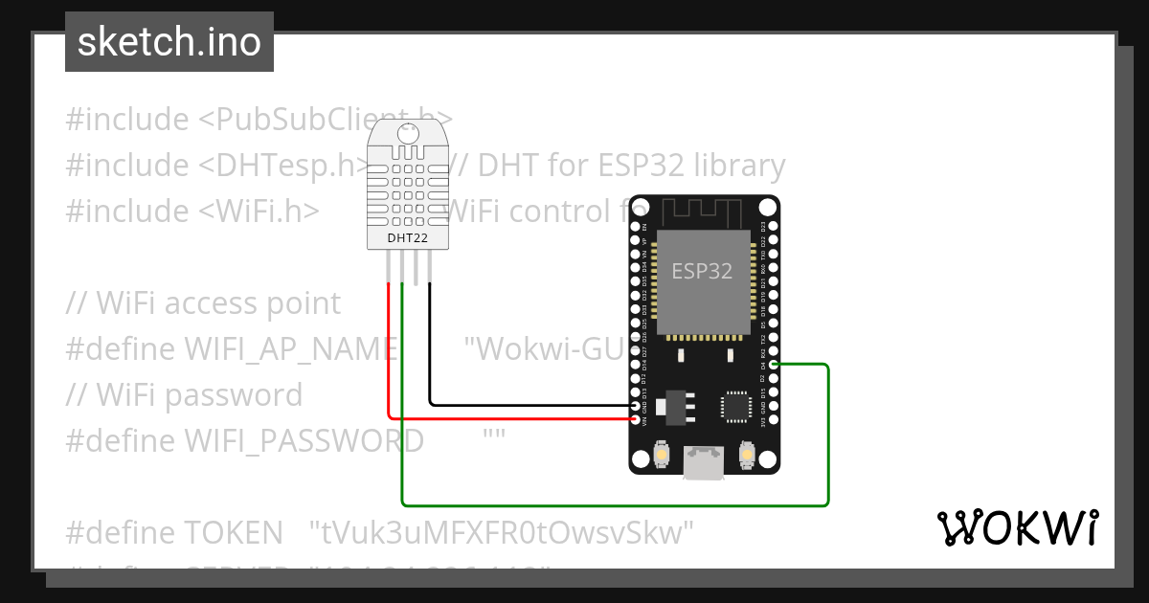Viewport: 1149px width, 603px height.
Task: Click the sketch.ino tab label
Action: pos(169,42)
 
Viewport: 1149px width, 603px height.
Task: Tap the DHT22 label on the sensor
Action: pos(408,237)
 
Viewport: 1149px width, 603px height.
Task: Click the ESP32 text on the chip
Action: pos(702,271)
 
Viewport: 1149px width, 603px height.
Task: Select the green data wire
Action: pos(613,504)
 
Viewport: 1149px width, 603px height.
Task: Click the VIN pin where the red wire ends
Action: pos(636,418)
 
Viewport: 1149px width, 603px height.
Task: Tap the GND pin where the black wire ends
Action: pos(636,406)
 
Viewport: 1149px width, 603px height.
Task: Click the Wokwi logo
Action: pos(1017,527)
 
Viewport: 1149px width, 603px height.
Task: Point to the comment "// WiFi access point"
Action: pos(203,303)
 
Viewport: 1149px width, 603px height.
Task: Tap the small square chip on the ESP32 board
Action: pos(735,405)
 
